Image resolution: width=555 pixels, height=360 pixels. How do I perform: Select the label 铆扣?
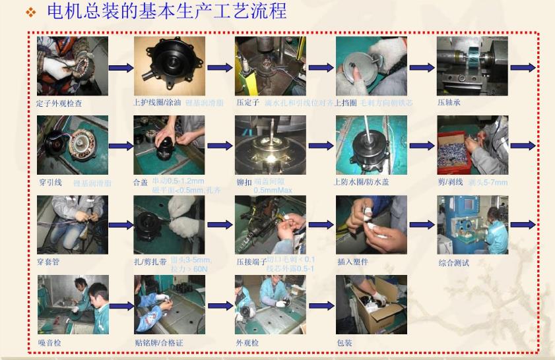tap(244, 183)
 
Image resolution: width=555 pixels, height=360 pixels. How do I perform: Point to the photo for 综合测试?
tap(472, 225)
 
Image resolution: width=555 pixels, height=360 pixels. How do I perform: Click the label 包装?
tap(344, 343)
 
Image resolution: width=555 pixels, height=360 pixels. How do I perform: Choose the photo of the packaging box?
tap(371, 305)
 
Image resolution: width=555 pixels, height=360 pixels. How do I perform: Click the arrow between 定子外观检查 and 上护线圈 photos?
tap(121, 68)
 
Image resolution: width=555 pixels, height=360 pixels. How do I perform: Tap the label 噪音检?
tap(49, 344)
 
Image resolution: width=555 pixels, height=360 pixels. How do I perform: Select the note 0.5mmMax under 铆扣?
tap(273, 191)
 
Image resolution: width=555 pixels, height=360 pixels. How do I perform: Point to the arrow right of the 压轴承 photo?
tap(523, 68)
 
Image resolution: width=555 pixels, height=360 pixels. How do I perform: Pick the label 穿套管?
tap(48, 262)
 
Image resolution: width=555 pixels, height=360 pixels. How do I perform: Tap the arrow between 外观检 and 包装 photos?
tap(321, 306)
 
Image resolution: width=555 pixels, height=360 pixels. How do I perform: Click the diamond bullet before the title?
tap(30, 13)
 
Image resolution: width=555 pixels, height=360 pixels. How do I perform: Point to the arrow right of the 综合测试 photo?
tap(523, 225)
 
